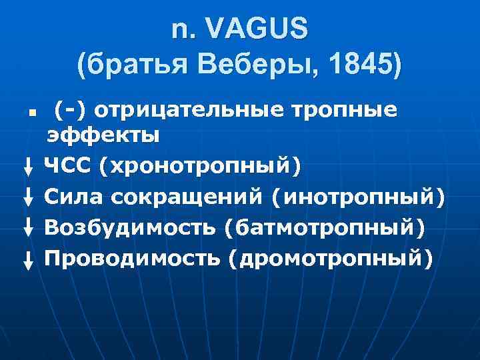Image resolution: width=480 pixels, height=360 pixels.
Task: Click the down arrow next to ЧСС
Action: [x=29, y=167]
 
